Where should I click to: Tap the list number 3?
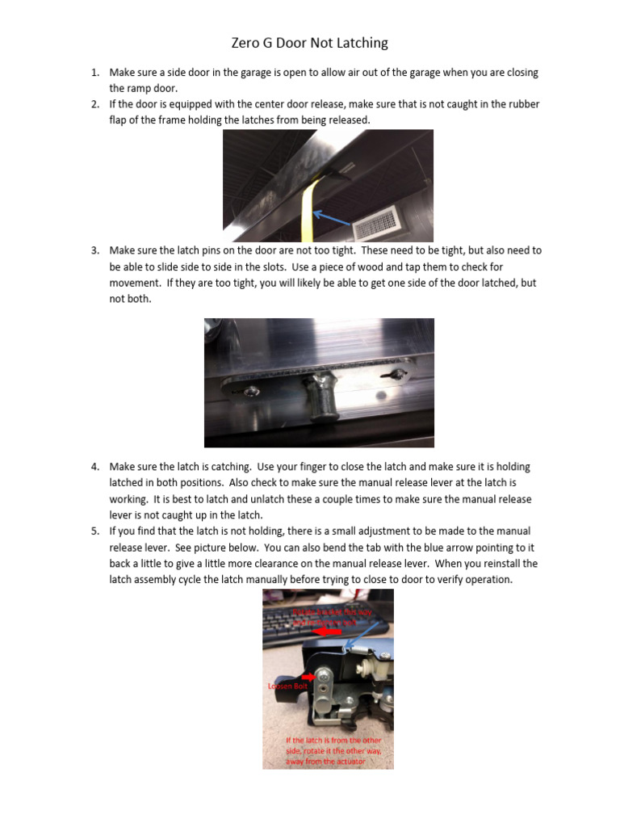[x=95, y=250]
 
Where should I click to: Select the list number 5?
[x=95, y=531]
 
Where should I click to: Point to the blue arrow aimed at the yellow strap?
[x=331, y=216]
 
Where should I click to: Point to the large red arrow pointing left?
[x=327, y=632]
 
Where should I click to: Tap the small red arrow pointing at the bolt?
[x=308, y=677]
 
